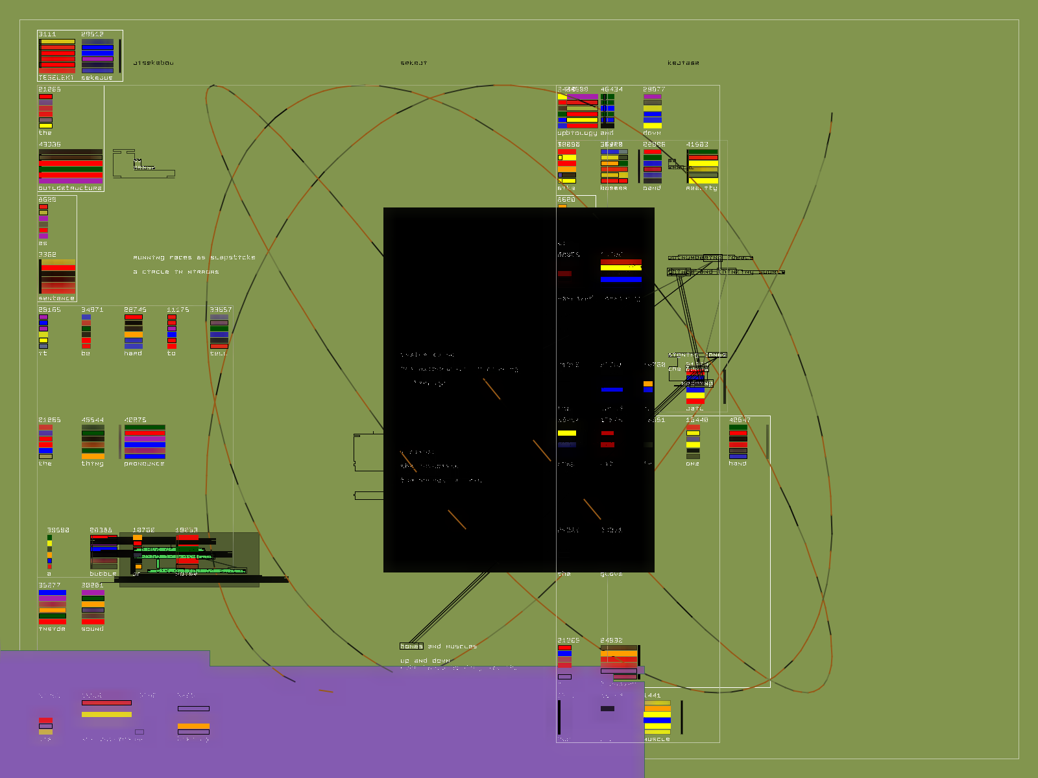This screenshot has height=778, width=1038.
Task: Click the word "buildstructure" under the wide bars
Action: tap(70, 188)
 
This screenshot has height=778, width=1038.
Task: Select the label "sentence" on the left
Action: tap(56, 298)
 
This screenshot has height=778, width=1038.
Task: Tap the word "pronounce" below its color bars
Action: tap(144, 464)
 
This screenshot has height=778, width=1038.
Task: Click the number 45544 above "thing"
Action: tap(93, 420)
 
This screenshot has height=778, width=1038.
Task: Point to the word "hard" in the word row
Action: tap(133, 353)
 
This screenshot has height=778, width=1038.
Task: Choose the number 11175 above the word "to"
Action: tap(178, 310)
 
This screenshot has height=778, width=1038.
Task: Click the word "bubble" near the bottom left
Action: tap(103, 574)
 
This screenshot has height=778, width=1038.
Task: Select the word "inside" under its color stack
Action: tap(52, 629)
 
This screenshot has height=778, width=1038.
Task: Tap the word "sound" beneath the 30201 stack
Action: tap(93, 629)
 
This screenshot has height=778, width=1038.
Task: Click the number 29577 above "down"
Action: tap(654, 89)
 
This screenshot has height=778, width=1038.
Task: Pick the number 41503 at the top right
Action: tap(697, 145)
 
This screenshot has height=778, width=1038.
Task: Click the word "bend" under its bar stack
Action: tap(652, 188)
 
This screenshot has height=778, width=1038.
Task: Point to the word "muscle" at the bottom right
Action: tap(657, 739)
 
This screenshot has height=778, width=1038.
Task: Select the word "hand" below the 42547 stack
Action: tap(738, 464)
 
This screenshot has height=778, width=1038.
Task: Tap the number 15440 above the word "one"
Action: tap(697, 420)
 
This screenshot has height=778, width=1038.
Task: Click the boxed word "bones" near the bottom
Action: tap(411, 646)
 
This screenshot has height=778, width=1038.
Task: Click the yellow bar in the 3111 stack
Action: tap(58, 41)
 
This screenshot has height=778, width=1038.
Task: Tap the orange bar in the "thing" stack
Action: tap(93, 456)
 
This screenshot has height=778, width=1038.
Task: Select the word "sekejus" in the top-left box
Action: tap(97, 78)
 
